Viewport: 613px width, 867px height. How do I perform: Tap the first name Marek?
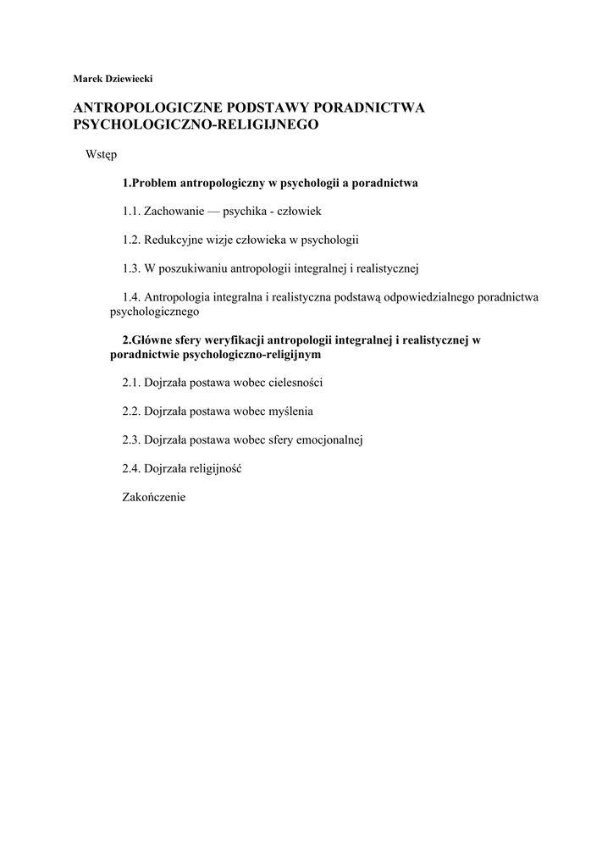click(87, 79)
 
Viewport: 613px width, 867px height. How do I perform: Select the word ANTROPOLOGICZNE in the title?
click(144, 108)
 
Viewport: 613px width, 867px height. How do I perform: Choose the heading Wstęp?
click(101, 155)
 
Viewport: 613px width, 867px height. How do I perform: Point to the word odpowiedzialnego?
click(432, 297)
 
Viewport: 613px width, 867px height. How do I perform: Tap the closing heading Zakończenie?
click(153, 498)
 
